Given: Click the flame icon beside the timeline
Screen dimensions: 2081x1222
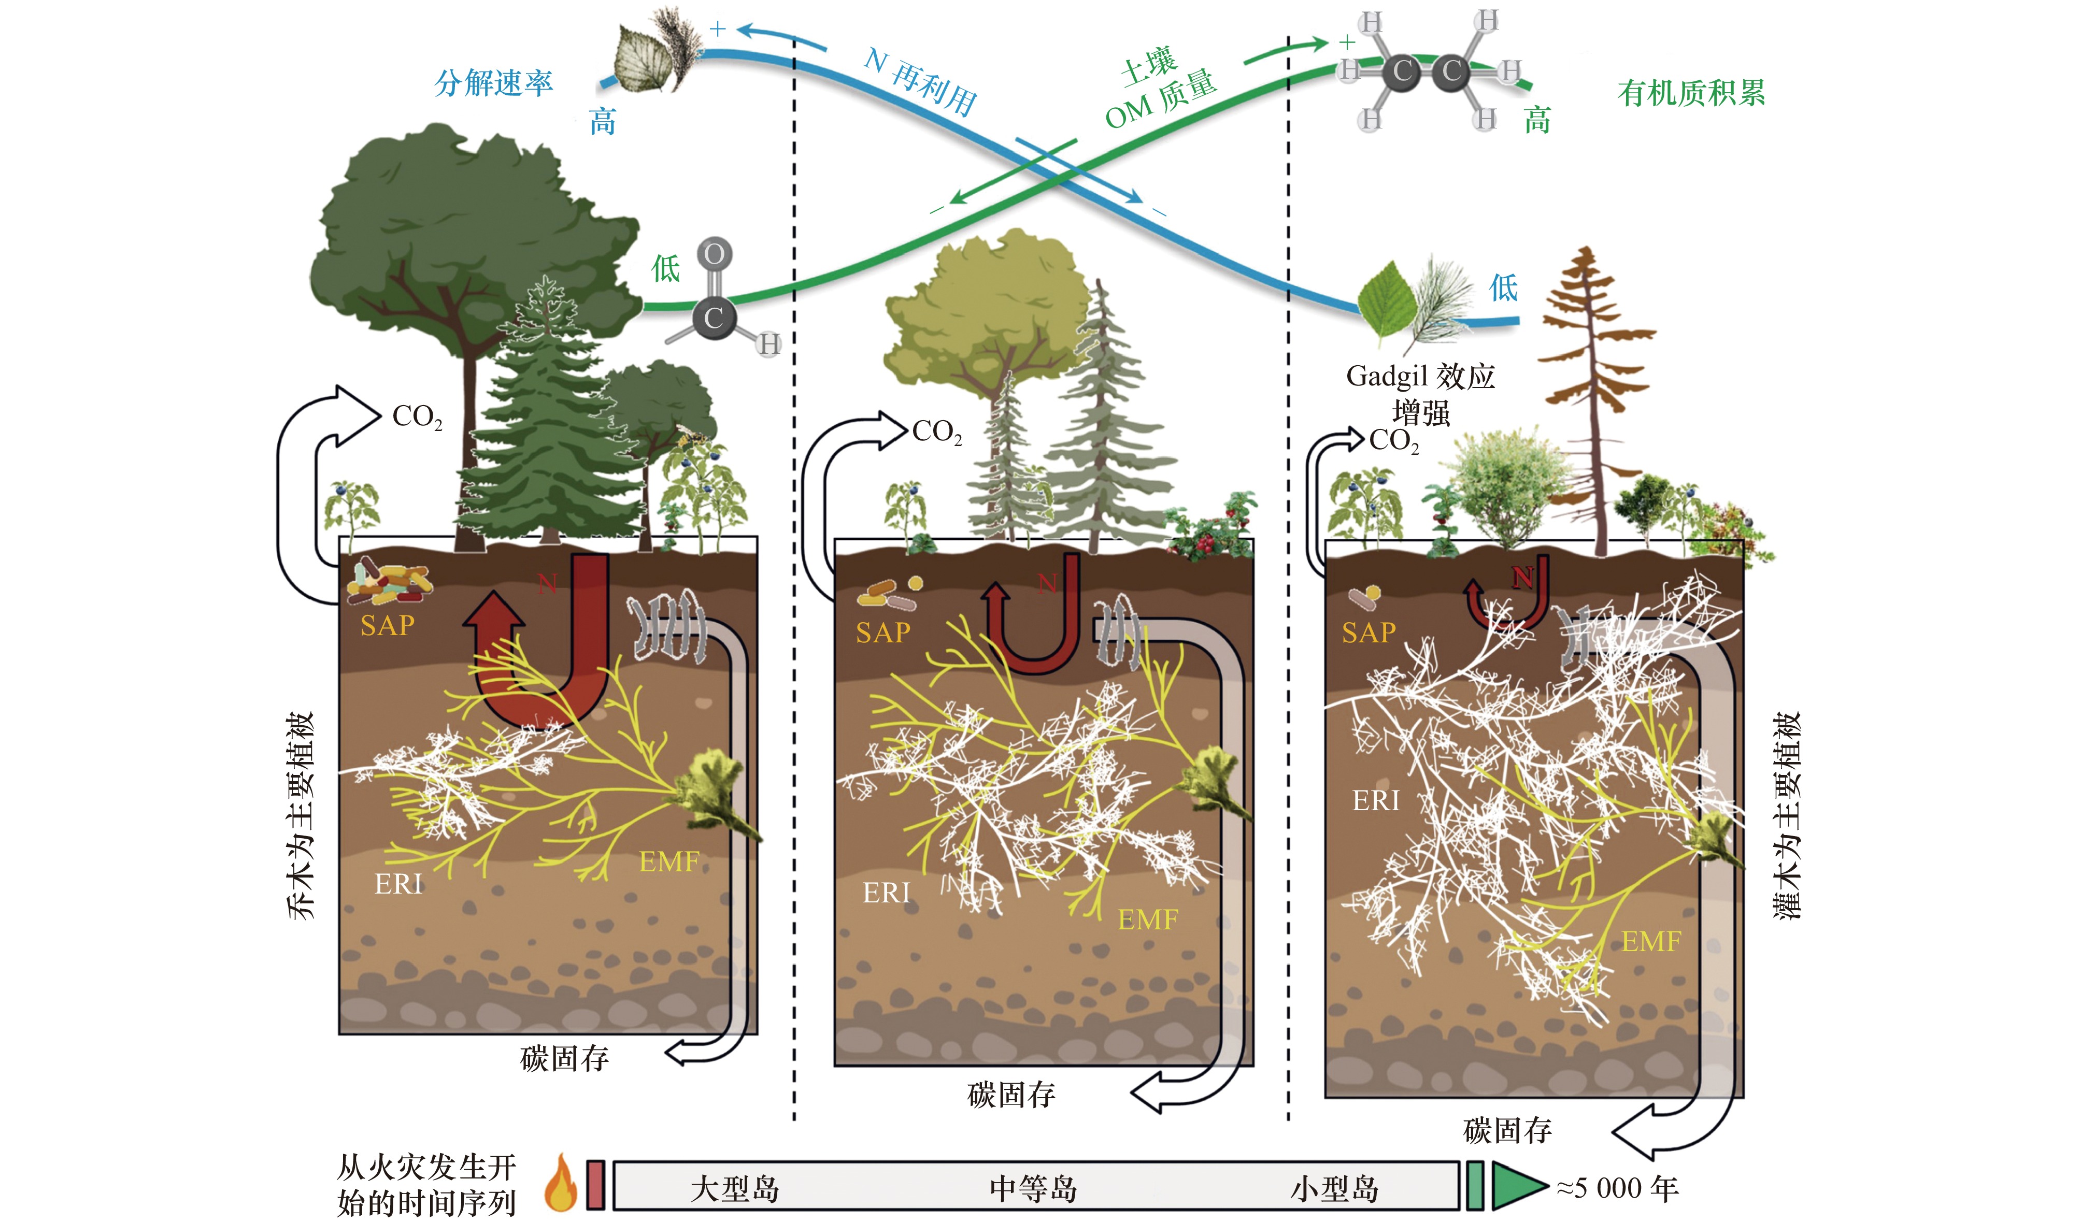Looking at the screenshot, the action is pos(561,1182).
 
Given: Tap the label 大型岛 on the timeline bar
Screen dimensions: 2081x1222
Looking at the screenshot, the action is pos(734,1189).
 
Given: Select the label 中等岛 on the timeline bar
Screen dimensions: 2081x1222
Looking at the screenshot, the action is pos(1033,1189).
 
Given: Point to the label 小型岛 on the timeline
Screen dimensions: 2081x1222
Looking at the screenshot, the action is pos(1334,1189).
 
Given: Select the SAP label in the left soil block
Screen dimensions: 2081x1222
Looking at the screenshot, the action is pos(387,625).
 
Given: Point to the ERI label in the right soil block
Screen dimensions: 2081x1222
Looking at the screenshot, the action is pos(1376,800).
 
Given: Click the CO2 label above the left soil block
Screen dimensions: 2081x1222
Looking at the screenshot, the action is pos(417,417).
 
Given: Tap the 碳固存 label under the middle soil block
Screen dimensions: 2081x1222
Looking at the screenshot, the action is pos(1011,1095).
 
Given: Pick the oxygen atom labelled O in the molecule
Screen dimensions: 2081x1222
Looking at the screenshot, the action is pos(715,253).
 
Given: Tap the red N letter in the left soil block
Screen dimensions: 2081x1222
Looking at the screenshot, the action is pos(548,584).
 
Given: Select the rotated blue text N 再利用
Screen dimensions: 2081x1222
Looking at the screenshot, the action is pos(921,81).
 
